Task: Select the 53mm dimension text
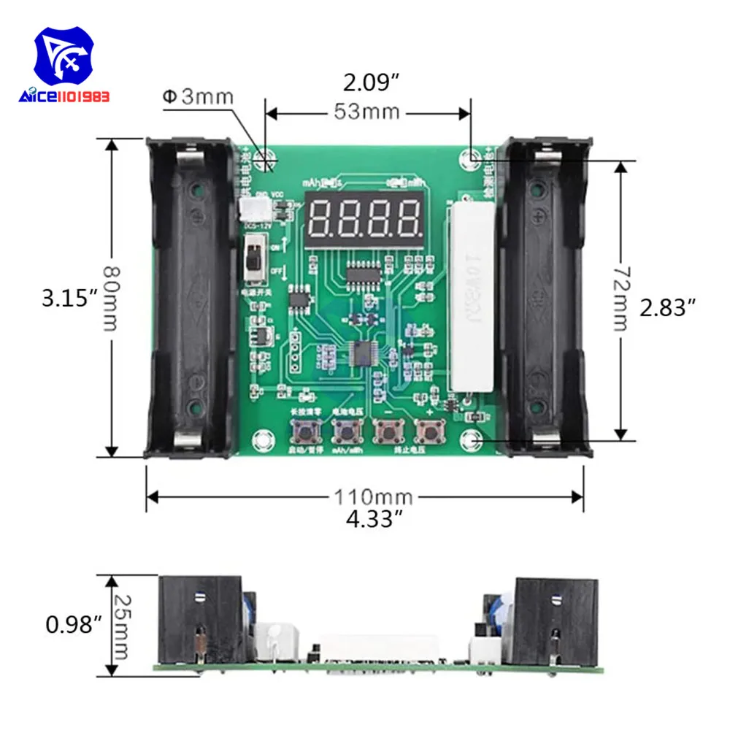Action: coord(366,112)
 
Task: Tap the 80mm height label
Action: coord(109,297)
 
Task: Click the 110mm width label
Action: coord(373,497)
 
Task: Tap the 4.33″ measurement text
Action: coord(373,519)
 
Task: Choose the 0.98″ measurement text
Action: coord(71,625)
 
